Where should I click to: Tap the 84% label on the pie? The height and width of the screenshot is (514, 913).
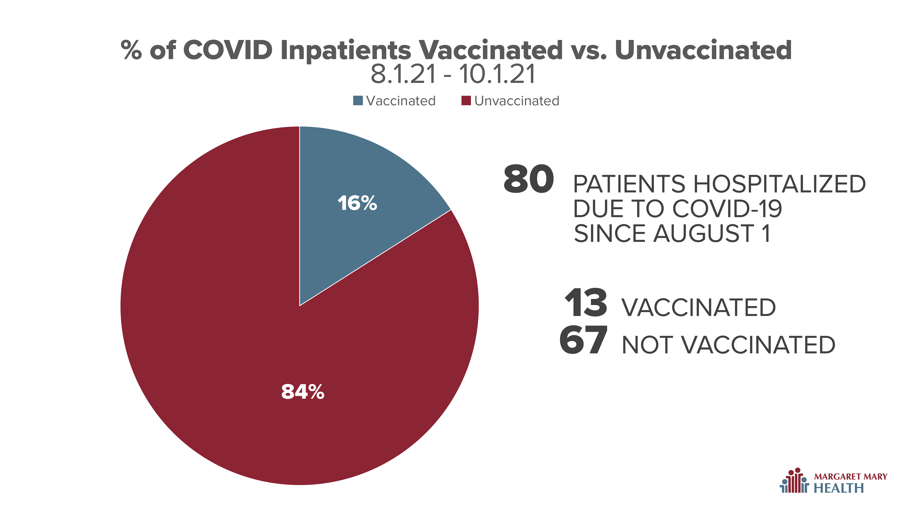pos(303,392)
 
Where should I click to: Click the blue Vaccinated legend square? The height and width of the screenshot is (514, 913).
pos(358,101)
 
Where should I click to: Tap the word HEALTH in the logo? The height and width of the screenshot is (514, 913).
pos(839,488)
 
